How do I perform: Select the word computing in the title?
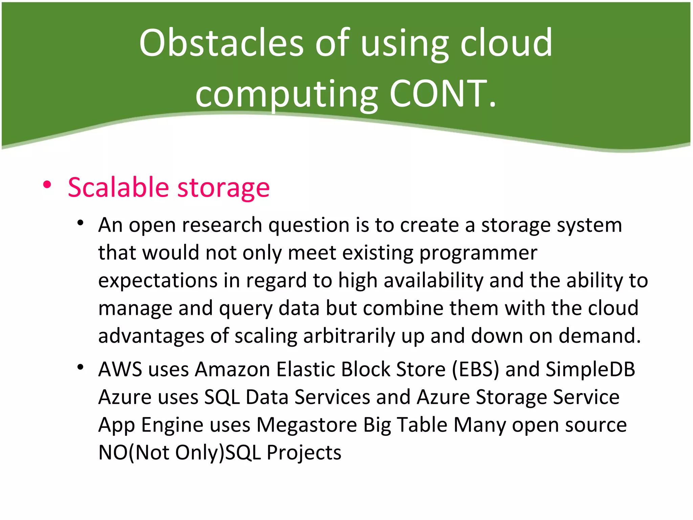coord(286,94)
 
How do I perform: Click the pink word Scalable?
coord(118,187)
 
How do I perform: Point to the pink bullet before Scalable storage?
coord(47,185)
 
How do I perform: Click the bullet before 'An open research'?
coord(80,223)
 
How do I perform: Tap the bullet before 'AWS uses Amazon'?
coord(80,367)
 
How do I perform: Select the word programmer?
coord(478,253)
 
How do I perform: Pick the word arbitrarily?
coord(349,336)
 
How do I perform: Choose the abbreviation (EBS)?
coord(475,369)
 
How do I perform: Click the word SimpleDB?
coord(590,369)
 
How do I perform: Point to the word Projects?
coord(304,452)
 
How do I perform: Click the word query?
coord(245,309)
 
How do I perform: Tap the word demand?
coord(600,336)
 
